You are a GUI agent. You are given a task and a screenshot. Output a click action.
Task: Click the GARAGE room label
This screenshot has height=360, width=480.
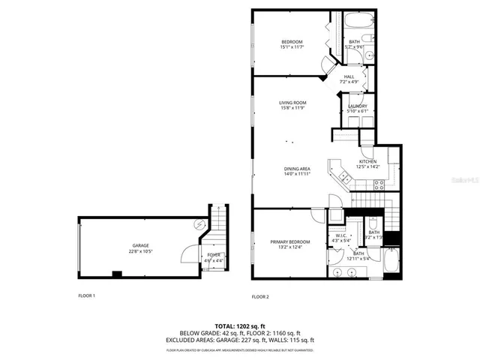[x=141, y=245]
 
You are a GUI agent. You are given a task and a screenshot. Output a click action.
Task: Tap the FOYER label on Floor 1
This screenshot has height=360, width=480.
[x=214, y=255]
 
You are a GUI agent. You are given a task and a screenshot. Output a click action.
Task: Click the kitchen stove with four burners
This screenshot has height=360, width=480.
[x=379, y=184]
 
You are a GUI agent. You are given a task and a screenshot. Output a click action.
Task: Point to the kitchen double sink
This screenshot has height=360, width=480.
[x=344, y=177]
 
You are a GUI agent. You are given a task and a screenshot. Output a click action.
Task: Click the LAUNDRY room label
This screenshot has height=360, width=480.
[x=358, y=106]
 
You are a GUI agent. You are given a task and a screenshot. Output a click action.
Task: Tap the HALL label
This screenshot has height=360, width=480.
[x=349, y=76]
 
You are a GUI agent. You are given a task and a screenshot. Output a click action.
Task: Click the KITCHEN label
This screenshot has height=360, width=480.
[x=367, y=161]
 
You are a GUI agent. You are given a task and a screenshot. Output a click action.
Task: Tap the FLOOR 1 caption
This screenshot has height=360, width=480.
[x=87, y=295]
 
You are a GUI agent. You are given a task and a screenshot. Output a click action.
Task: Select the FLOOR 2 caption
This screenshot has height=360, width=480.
[x=259, y=297]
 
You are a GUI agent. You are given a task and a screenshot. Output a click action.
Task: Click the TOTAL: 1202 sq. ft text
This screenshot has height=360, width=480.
[x=239, y=326]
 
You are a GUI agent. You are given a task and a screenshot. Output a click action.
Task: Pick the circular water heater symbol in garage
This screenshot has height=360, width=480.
[x=199, y=223]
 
